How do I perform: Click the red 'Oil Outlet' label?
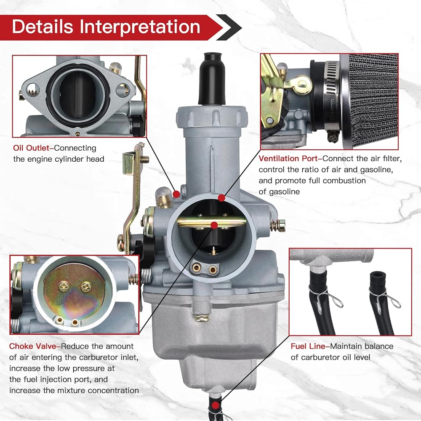31,148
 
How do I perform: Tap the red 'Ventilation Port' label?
288,158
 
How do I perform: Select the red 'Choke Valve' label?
33,346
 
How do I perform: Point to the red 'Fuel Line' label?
308,346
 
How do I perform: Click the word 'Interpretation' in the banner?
140,27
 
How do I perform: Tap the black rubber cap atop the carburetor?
212,78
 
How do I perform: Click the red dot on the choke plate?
214,225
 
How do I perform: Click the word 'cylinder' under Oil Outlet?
69,159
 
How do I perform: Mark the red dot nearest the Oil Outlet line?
176,194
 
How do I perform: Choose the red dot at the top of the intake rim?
221,198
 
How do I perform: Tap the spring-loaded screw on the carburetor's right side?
278,225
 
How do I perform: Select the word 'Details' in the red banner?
43,27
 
